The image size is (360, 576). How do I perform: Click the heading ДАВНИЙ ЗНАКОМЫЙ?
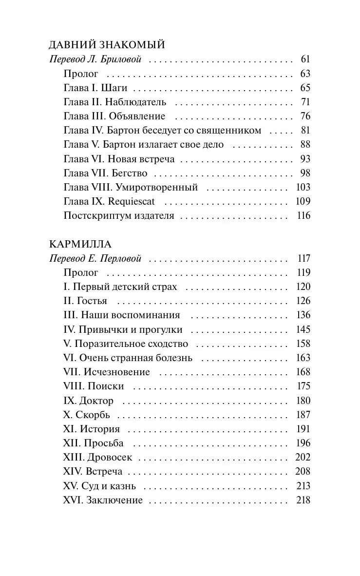click(107, 45)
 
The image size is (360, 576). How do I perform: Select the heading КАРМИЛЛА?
click(80, 244)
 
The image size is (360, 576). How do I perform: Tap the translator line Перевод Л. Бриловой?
click(95, 60)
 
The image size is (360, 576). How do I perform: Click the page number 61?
click(305, 60)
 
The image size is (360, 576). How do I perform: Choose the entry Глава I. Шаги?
click(95, 88)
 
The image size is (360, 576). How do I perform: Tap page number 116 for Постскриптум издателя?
click(303, 216)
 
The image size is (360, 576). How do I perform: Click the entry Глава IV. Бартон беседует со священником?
click(163, 131)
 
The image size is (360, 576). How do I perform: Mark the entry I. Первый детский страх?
click(120, 287)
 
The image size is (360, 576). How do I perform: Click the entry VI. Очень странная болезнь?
click(128, 358)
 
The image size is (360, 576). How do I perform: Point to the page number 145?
click(303, 330)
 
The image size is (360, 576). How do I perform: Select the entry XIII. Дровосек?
click(98, 458)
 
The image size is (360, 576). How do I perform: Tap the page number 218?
click(303, 500)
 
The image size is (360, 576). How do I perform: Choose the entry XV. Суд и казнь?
click(100, 486)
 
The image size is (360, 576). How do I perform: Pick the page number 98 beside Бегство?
click(305, 173)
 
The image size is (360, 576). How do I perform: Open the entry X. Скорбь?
click(87, 415)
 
